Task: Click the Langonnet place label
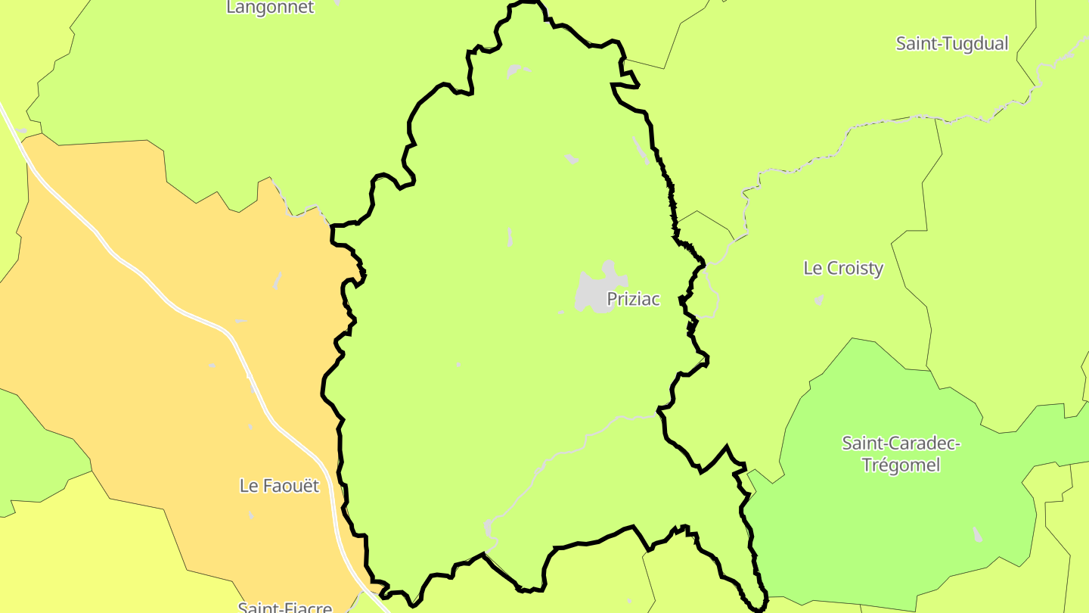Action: pos(270,8)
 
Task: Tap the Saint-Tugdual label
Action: pos(952,44)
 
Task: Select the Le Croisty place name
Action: pos(843,268)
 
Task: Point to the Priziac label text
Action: pos(634,299)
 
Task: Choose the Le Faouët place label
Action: pos(279,486)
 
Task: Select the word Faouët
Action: pos(291,486)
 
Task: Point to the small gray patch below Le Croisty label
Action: pos(819,300)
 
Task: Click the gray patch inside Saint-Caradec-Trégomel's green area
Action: pos(978,534)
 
